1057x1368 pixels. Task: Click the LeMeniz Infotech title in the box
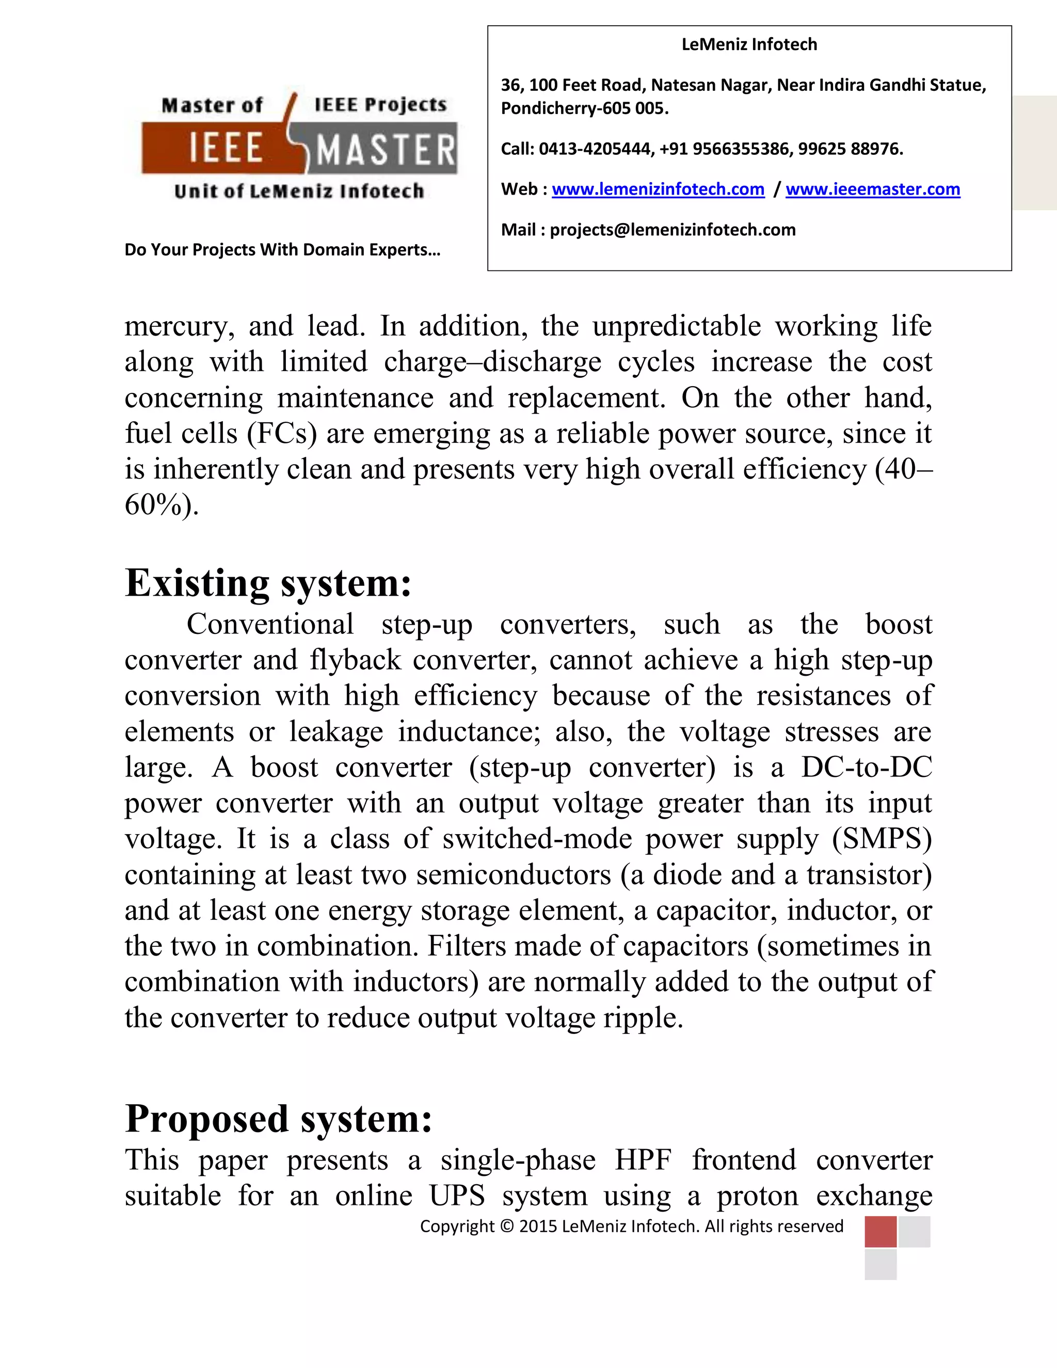(x=749, y=44)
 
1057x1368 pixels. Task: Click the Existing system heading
(x=268, y=583)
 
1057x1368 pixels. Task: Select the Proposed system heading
(x=278, y=1119)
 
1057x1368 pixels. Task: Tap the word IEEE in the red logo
(x=226, y=149)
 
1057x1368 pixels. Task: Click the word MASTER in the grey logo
(x=386, y=150)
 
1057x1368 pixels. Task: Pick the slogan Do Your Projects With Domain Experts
(x=282, y=250)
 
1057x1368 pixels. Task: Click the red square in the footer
(x=880, y=1232)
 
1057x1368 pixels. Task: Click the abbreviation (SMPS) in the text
(x=882, y=839)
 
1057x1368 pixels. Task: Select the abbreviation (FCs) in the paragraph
(x=282, y=434)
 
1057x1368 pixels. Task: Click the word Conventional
(x=270, y=625)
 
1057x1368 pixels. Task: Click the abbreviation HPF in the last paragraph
(x=643, y=1160)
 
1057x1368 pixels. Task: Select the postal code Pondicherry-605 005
(x=584, y=108)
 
